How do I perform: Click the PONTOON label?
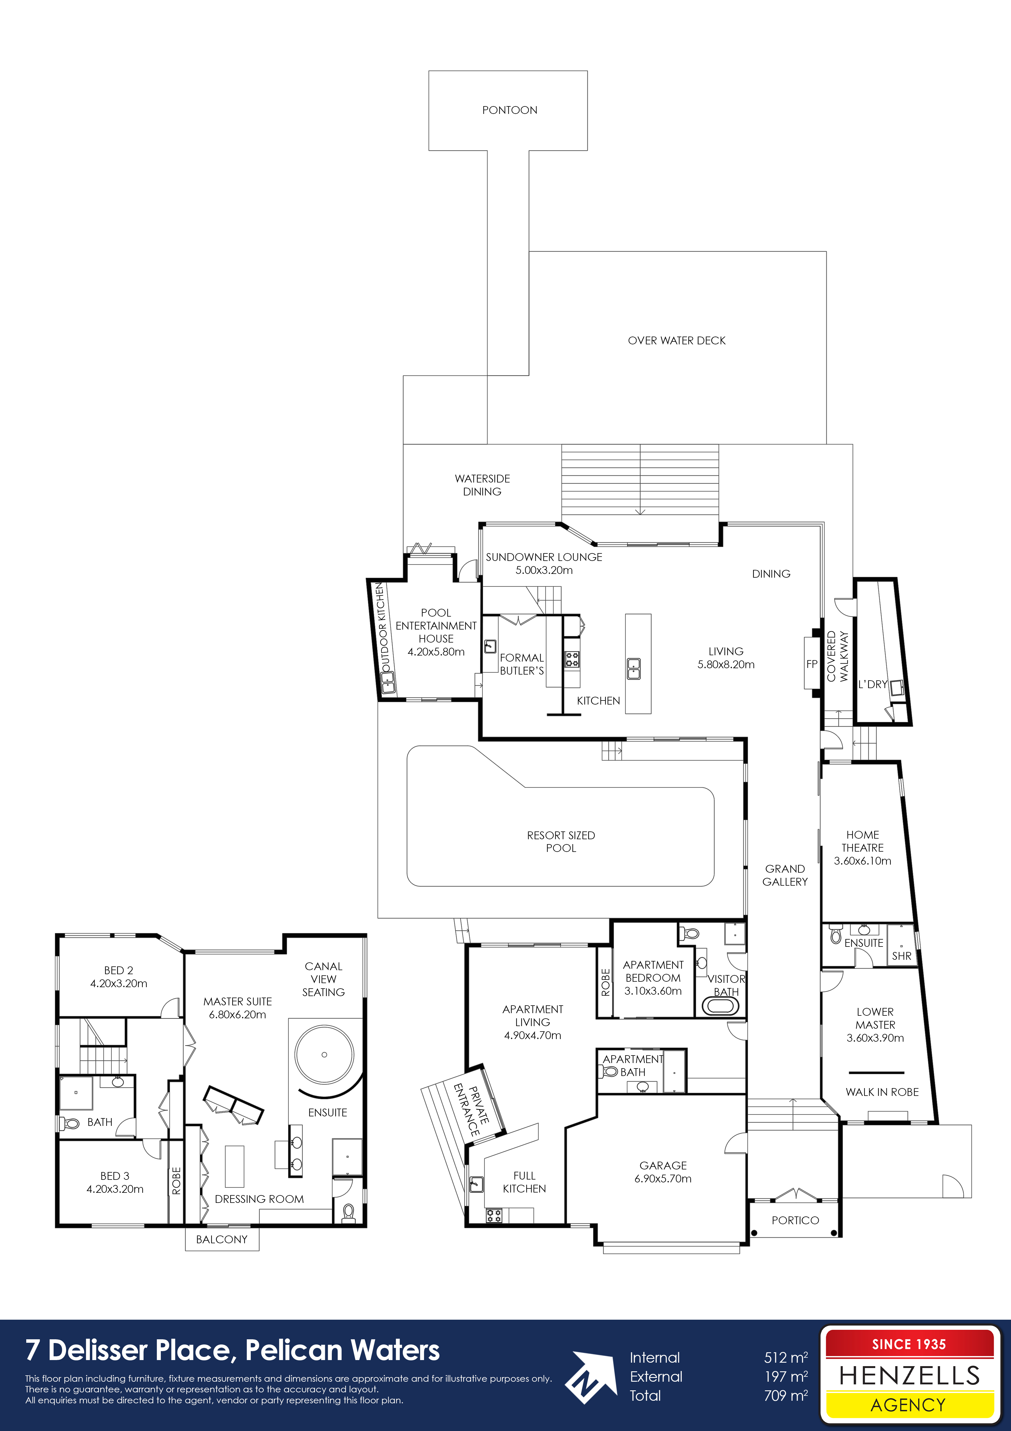point(510,110)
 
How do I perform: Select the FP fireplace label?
point(812,664)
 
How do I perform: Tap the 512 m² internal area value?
point(786,1357)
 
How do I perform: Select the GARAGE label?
point(663,1165)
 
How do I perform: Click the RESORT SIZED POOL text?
point(561,842)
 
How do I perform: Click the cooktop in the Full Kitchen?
point(494,1215)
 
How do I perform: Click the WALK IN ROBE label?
point(882,1092)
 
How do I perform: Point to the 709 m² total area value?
point(786,1396)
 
